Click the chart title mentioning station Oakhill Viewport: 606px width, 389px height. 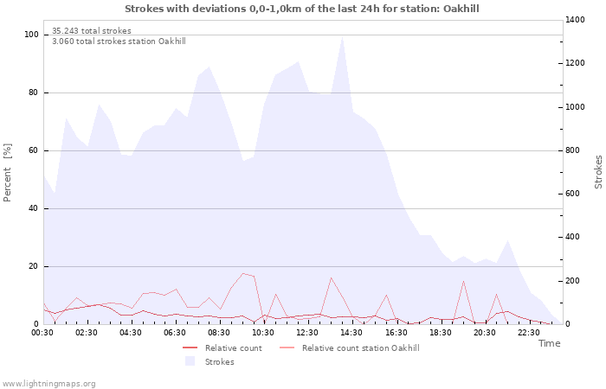click(302, 9)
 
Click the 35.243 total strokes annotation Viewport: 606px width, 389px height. click(92, 31)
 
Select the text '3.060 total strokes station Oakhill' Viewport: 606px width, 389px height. click(119, 41)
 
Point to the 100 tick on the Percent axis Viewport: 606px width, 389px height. click(31, 35)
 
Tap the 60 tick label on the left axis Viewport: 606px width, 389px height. click(34, 150)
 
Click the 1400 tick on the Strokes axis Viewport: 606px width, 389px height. click(575, 20)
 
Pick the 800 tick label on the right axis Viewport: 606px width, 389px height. click(572, 150)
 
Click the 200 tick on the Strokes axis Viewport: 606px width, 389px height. click(572, 281)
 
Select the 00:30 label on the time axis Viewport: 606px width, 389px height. click(42, 333)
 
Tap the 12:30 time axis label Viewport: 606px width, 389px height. click(307, 333)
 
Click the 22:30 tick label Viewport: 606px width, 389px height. click(529, 333)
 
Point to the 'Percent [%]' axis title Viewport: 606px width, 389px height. click(7, 173)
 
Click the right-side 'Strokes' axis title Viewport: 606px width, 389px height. click(598, 172)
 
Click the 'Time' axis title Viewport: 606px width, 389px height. click(549, 343)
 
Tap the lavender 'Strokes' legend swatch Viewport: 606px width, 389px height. click(190, 361)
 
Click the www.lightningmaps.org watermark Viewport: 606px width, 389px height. click(48, 384)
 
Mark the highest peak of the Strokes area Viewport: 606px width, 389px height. click(342, 37)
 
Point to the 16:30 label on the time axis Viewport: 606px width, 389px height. click(396, 333)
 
